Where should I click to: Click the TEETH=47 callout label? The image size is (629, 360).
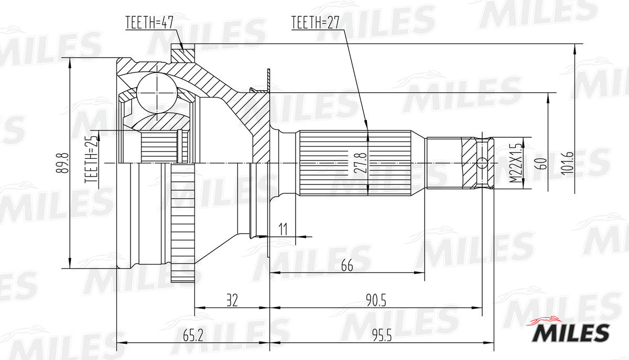click(149, 23)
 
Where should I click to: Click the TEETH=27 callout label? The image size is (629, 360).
click(316, 23)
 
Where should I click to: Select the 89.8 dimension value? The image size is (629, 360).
click(66, 163)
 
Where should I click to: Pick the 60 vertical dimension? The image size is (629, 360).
click(543, 163)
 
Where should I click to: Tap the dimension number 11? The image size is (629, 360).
click(283, 229)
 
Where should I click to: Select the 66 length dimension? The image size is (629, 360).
click(346, 266)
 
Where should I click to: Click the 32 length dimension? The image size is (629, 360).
click(232, 300)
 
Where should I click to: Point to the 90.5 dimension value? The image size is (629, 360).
click(375, 300)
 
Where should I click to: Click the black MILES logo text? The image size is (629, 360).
click(571, 332)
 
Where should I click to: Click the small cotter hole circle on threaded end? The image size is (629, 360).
click(483, 163)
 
